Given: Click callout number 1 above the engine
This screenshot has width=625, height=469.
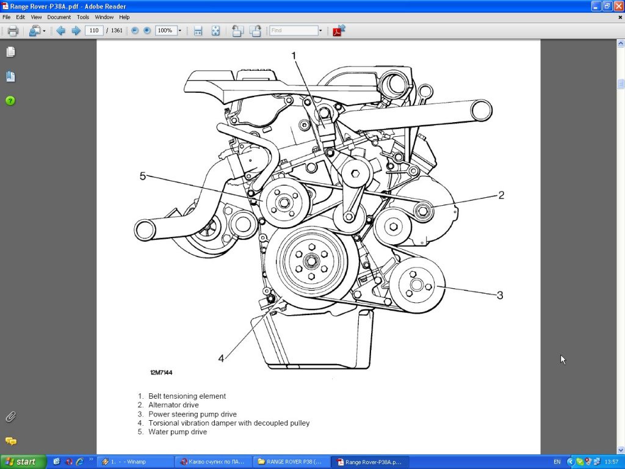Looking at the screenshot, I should pyautogui.click(x=294, y=56).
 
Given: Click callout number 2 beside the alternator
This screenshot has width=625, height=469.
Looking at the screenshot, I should pyautogui.click(x=501, y=195).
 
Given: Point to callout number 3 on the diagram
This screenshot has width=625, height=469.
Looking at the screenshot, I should pyautogui.click(x=499, y=296).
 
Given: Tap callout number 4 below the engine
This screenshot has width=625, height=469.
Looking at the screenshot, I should pyautogui.click(x=221, y=358).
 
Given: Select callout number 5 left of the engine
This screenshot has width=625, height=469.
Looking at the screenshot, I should pyautogui.click(x=143, y=176).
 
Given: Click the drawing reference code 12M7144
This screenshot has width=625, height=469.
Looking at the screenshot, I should pyautogui.click(x=161, y=373).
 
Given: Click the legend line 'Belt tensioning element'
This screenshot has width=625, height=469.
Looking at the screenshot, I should pyautogui.click(x=187, y=396).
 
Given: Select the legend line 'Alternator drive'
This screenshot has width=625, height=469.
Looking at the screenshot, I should pyautogui.click(x=173, y=405).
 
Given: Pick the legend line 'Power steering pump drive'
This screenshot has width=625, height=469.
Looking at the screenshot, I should pyautogui.click(x=192, y=414).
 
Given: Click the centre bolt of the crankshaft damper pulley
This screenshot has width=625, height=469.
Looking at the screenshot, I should pyautogui.click(x=310, y=261).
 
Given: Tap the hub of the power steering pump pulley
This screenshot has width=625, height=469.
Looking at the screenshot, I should pyautogui.click(x=416, y=285).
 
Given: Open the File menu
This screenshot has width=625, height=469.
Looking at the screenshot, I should pyautogui.click(x=6, y=17).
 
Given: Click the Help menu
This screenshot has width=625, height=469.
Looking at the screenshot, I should pyautogui.click(x=124, y=17).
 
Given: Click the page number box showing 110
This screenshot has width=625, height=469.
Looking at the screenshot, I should pyautogui.click(x=94, y=31).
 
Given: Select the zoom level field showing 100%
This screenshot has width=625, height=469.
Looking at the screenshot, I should pyautogui.click(x=166, y=31).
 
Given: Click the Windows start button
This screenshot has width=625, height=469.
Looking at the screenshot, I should pyautogui.click(x=22, y=462).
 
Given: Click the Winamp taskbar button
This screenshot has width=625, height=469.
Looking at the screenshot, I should pyautogui.click(x=131, y=462).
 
